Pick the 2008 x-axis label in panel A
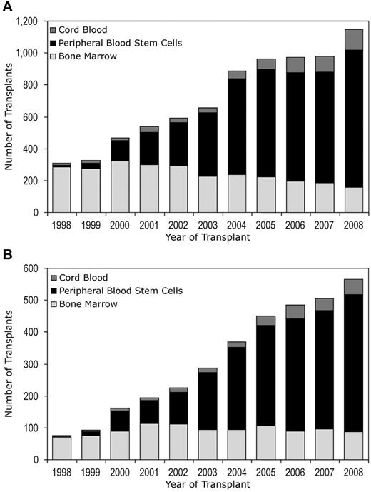click(353, 225)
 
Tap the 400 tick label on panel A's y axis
click(29, 149)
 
